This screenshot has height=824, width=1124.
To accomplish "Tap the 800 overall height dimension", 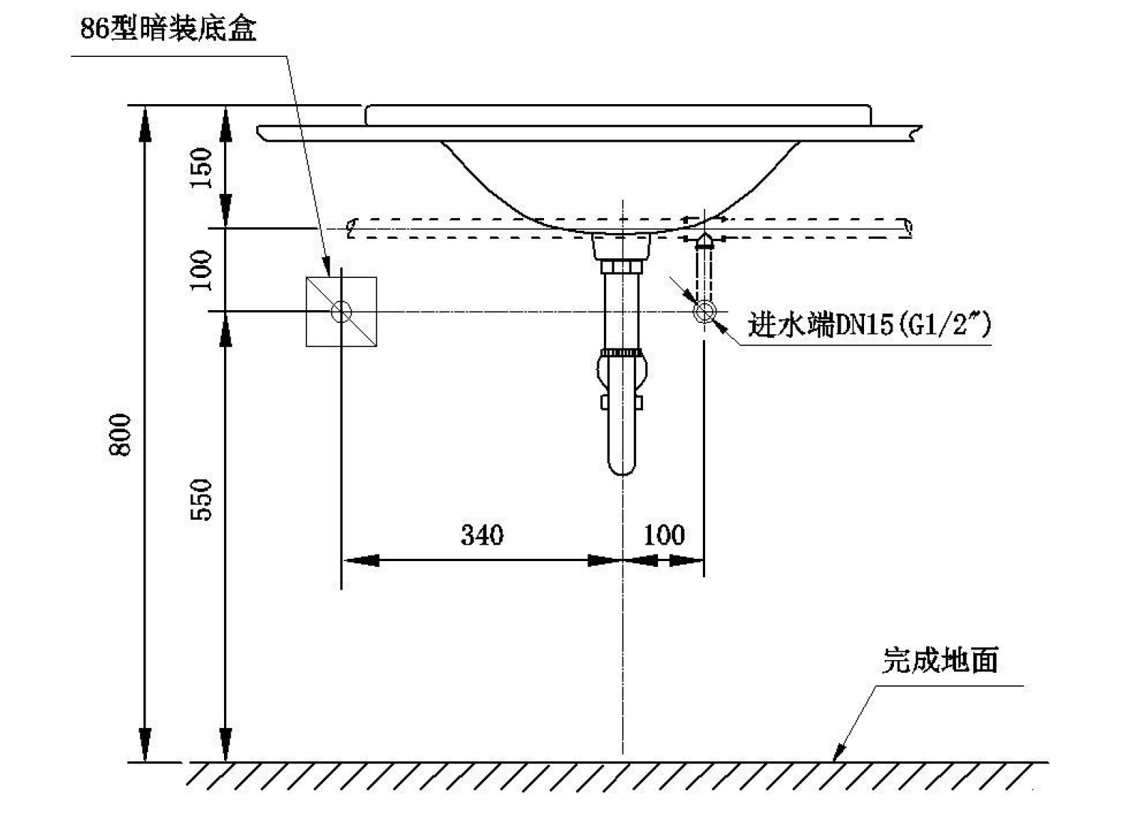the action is [x=120, y=434].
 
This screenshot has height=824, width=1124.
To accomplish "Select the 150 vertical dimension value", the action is [x=201, y=168].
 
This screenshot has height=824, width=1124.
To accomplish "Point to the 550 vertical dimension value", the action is [x=201, y=500].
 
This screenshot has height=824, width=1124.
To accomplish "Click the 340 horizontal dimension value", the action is [x=483, y=535].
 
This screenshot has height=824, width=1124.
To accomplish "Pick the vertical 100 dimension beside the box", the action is [x=201, y=270].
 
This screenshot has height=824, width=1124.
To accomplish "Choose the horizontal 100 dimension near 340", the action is [x=664, y=535].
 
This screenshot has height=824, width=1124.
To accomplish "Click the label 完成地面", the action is [x=940, y=660].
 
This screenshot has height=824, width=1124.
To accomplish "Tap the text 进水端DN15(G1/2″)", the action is [x=869, y=325].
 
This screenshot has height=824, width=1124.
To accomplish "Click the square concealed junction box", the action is [x=341, y=312].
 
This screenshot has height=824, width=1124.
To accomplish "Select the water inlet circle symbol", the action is [x=704, y=312].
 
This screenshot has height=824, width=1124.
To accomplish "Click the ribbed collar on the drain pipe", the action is [x=622, y=352].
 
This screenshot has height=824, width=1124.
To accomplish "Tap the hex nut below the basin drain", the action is [x=622, y=266].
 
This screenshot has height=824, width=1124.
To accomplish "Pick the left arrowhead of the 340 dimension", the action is [x=360, y=560].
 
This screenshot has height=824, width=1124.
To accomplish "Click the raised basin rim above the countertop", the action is [x=617, y=115].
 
